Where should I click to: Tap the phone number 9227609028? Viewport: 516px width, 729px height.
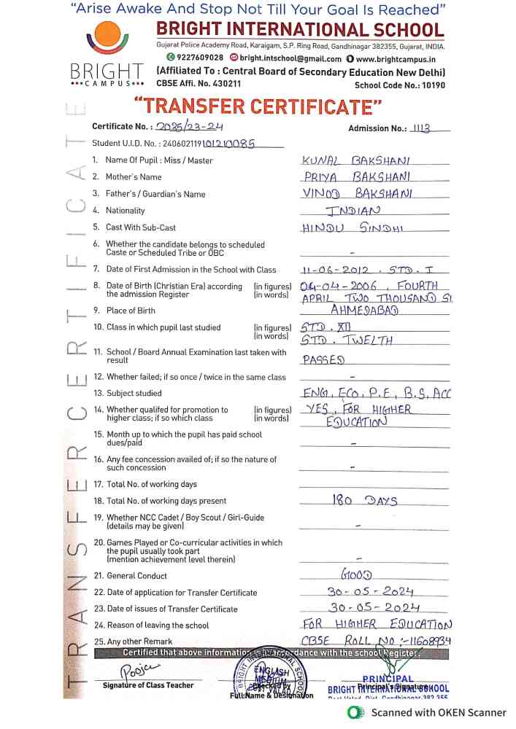coord(194,58)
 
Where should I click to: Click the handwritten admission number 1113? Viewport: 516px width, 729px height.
coord(421,128)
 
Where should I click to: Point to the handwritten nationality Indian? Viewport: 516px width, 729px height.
coord(353,211)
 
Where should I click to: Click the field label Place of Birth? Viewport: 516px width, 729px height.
coord(131,311)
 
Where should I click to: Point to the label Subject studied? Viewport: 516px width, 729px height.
coord(134,393)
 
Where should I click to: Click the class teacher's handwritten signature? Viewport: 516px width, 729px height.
coord(136,669)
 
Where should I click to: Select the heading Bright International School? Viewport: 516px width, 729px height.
coord(299,31)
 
